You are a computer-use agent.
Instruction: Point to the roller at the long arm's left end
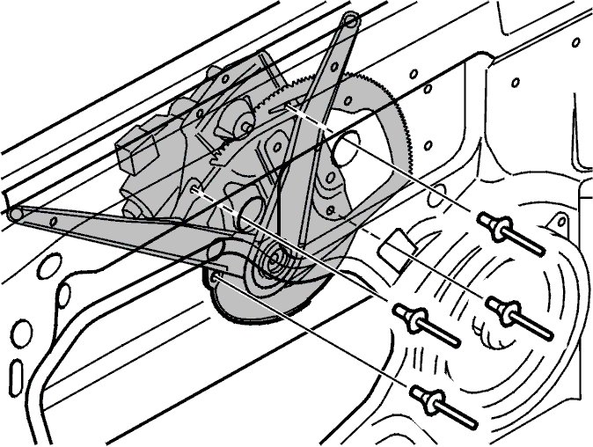coord(16,213)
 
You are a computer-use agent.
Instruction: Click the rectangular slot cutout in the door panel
coord(395,245)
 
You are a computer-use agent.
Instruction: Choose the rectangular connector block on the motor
coord(135,155)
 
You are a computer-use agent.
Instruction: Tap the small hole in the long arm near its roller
coord(54,222)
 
